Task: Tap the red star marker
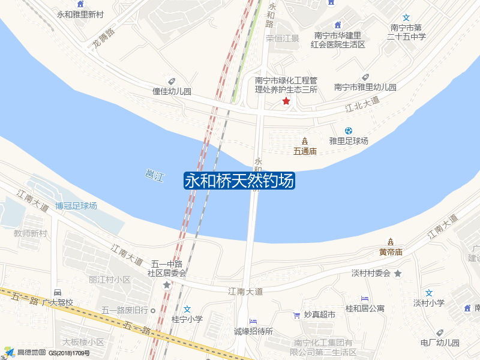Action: tap(286, 101)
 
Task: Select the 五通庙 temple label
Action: tap(305, 151)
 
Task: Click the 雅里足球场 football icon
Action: tap(349, 131)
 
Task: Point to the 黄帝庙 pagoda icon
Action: tap(391, 242)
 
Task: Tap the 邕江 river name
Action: tap(155, 175)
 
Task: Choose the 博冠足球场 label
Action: tap(76, 206)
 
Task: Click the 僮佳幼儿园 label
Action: tap(171, 92)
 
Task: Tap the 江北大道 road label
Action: tap(362, 104)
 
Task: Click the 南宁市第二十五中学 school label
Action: tap(406, 32)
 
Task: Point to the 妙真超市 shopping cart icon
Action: tap(296, 315)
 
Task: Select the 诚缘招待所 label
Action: tap(253, 331)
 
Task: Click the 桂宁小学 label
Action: tap(187, 319)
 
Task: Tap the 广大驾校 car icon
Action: tap(58, 292)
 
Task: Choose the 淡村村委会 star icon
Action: tap(397, 274)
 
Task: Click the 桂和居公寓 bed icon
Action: tap(364, 298)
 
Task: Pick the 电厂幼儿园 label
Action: tap(440, 343)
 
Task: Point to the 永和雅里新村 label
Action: tap(80, 14)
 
